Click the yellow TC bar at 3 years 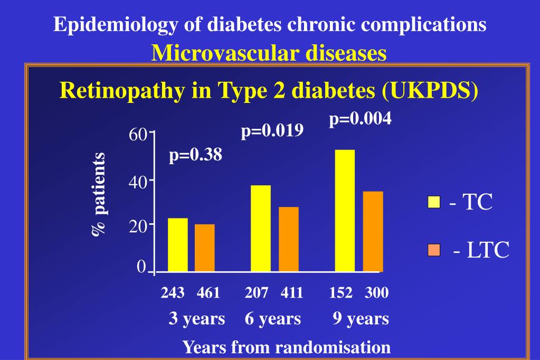177,245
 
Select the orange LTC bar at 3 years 205,248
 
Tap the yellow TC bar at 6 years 261,229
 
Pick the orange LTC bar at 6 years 289,239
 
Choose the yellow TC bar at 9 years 345,211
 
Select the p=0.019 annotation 272,130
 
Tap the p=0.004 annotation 361,119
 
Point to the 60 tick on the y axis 138,135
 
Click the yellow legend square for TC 433,202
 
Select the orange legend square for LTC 433,249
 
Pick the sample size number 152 340,292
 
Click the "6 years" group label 273,318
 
